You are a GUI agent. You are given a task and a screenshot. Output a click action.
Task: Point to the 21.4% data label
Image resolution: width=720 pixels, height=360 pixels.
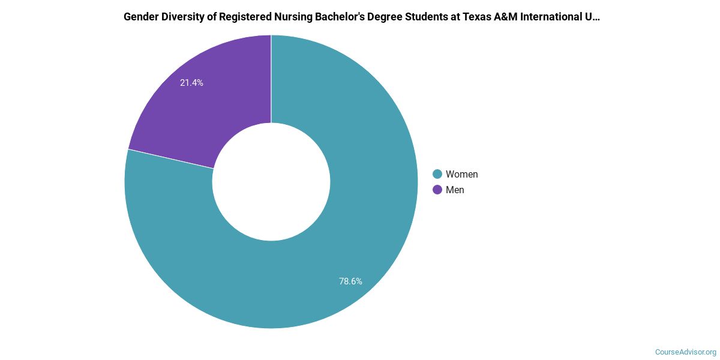coord(191,83)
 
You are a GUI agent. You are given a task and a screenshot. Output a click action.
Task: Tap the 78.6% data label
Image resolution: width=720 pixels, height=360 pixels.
coord(350,281)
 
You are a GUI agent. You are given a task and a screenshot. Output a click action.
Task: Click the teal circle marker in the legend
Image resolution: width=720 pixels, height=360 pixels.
coord(437,174)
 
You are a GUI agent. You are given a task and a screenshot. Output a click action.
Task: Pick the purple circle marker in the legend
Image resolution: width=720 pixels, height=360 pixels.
coord(437,190)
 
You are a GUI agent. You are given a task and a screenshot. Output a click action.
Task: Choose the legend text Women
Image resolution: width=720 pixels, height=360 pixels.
coord(461,174)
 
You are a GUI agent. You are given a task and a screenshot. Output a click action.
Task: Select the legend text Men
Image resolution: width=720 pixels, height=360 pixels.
coord(455,190)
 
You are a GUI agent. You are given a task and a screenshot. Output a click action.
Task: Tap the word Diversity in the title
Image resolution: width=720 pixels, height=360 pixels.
coord(182,17)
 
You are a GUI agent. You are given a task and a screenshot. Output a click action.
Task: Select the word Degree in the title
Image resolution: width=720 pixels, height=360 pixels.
coord(379,17)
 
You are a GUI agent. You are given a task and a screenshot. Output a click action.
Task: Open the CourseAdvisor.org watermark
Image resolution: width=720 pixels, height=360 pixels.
coord(685,352)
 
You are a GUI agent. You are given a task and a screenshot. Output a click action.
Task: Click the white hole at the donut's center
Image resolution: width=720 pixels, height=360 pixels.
coord(271,182)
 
